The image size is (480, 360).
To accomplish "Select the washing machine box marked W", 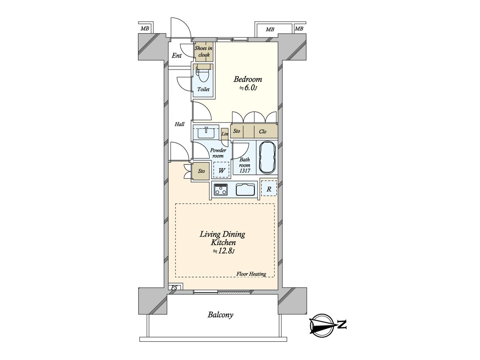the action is point(221,170).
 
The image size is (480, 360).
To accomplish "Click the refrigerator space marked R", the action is point(269,188).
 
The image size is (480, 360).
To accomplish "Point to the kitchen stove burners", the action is point(221,190).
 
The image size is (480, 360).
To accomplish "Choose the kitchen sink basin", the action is point(245,190).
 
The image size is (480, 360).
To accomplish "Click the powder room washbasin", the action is point(206,133).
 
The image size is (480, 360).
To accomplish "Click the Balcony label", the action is point(220,315).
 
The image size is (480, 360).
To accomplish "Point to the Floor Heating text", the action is point(251,274).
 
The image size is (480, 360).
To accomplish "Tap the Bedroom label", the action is point(248,79).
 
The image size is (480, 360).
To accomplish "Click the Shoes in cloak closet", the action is point(204,52).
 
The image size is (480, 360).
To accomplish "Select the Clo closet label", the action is point(262,132).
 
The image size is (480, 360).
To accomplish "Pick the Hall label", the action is point(180,124).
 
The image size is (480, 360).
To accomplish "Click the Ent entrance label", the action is point(177,56).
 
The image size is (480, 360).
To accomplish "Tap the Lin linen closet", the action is point(224,134).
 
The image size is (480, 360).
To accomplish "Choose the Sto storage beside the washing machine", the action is point(201,171).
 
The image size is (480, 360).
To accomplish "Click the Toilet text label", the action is point(203,89).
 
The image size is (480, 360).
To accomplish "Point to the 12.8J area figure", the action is point(224,251).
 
